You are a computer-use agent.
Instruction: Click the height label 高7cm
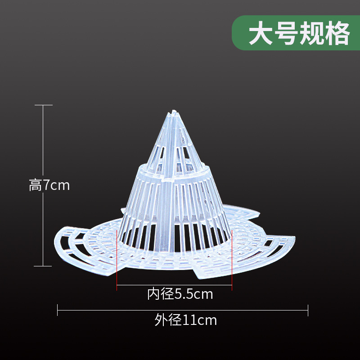pos(49,185)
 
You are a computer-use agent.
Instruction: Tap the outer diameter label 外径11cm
pos(185,320)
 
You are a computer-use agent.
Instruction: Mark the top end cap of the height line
pos(43,105)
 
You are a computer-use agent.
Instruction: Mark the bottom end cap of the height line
pos(43,265)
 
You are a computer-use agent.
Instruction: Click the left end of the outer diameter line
pos(58,310)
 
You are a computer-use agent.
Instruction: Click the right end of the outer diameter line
pos(308,310)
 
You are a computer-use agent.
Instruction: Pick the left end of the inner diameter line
pos(117,284)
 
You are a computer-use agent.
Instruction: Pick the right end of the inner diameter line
pos(232,284)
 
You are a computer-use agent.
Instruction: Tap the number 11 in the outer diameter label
pos(189,320)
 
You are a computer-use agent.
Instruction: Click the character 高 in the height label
pos(35,185)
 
